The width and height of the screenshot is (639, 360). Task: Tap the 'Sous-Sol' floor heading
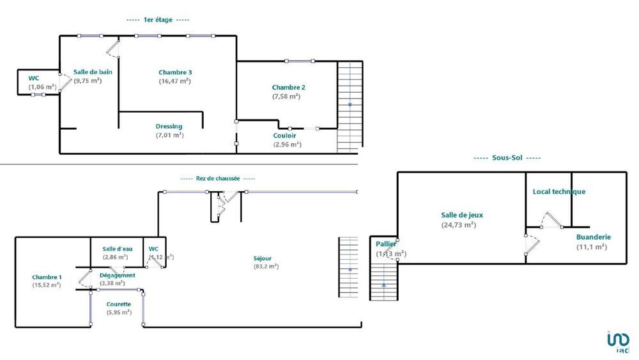[x=507, y=158]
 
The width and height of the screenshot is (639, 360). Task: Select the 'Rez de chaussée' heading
[x=218, y=179]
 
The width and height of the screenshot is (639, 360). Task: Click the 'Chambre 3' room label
[x=174, y=72]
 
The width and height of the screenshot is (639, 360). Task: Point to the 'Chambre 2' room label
[x=288, y=88]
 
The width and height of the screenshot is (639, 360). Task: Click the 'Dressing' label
[x=169, y=126]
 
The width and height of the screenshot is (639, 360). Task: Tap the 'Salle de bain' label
[x=93, y=72]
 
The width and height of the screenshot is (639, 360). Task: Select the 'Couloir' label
[x=284, y=136]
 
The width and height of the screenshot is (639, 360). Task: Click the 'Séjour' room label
[x=263, y=258]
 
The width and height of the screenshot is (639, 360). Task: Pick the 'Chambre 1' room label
[x=47, y=277]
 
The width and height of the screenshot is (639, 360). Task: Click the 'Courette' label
[x=116, y=304]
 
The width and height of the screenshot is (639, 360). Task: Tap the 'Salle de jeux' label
[x=459, y=215]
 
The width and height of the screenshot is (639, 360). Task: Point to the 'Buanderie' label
[x=593, y=237]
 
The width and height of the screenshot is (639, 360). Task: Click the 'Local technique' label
[x=558, y=192]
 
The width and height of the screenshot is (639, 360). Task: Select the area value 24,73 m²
[x=459, y=224]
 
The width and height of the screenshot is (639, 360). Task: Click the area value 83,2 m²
[x=266, y=267]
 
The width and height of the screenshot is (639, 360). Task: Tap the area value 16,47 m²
[x=174, y=81]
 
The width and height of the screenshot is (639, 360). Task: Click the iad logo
[x=617, y=341]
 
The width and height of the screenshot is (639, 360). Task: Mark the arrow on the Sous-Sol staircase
[x=383, y=285]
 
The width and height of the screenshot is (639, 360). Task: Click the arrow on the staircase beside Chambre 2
[x=350, y=104]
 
